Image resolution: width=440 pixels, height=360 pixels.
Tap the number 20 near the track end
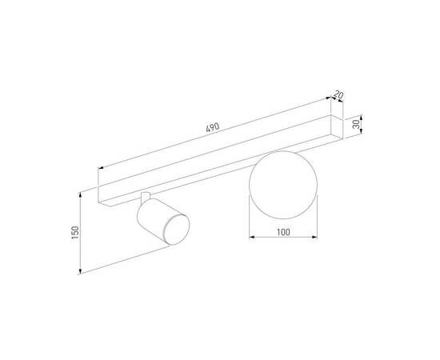click(x=339, y=96)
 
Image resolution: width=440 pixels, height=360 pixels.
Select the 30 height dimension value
click(x=354, y=126)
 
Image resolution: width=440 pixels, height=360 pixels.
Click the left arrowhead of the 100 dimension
click(x=250, y=237)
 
